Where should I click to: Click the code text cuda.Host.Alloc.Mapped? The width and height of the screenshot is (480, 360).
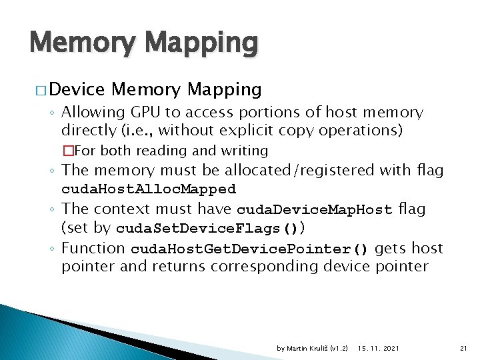(149, 189)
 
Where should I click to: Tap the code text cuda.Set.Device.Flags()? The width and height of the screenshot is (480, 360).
(207, 229)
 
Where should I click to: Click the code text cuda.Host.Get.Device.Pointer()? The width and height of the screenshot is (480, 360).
(249, 249)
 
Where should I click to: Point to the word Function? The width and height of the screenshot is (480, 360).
(93, 249)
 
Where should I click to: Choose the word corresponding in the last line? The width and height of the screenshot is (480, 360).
(266, 267)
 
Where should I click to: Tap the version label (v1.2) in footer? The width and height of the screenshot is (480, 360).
(340, 349)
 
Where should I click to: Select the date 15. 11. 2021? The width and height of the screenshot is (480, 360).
(379, 349)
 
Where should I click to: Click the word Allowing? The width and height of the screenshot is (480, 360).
(91, 113)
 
